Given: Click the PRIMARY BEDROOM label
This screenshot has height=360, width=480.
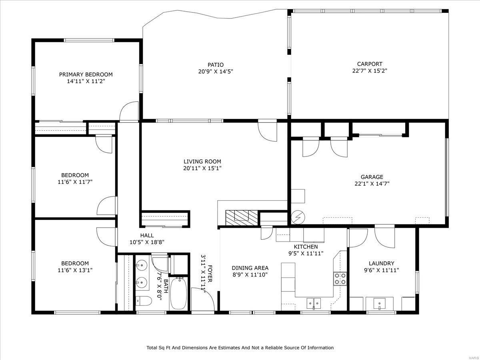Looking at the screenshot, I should pos(86,74).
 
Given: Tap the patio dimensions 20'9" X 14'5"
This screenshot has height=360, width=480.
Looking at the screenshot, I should pos(215,72).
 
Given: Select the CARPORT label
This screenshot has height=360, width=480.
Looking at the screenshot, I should pos(369,64).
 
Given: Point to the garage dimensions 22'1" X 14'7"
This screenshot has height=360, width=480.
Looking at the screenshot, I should pos(372,184).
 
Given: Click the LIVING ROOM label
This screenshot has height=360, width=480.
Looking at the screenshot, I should pos(202,161).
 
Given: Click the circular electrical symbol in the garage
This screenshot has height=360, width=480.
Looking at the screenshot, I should pos(298,218).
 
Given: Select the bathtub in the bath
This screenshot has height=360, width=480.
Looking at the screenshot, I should pos(178,294).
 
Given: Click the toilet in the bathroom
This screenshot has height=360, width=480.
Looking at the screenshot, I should pos(143,301).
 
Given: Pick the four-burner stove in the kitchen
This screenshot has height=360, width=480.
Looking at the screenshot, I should pos(340,278).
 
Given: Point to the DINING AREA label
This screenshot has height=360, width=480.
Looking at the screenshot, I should pos(250,268).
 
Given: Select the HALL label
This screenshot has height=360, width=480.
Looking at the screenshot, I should pos(146,236).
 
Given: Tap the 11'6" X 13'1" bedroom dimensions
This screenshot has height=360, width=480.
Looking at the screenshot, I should pos(75,270).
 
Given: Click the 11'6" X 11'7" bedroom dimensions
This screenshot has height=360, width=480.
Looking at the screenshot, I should pos(75,182).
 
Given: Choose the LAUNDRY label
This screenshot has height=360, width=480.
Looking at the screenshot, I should pos(381,263).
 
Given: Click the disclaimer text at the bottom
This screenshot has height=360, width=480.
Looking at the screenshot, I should pos(240,348).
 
